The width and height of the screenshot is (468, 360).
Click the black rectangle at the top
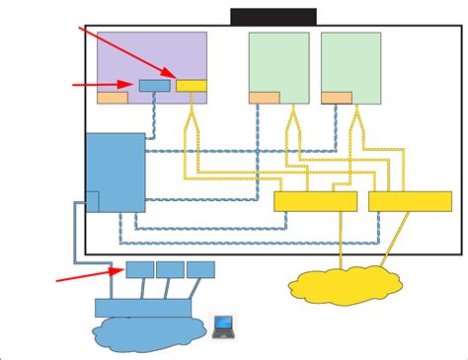tap(273, 16)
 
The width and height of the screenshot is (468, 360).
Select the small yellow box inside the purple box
tap(192, 86)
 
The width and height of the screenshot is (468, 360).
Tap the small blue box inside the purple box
tap(153, 86)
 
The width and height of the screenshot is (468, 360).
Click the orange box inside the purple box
tap(112, 98)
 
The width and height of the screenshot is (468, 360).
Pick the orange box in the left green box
tap(264, 97)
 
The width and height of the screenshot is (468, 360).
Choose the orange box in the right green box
tap(337, 97)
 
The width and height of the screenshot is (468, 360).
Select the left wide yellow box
tap(314, 201)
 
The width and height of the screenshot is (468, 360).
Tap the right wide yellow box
tap(410, 201)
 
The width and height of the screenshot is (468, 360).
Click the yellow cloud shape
tap(347, 283)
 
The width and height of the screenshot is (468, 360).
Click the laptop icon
tap(224, 326)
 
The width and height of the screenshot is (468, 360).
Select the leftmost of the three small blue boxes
tap(138, 269)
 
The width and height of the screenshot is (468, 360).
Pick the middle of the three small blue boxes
tap(169, 269)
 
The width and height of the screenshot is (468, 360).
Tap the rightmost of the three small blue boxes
tap(200, 269)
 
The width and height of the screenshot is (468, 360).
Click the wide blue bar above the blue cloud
tap(143, 307)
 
